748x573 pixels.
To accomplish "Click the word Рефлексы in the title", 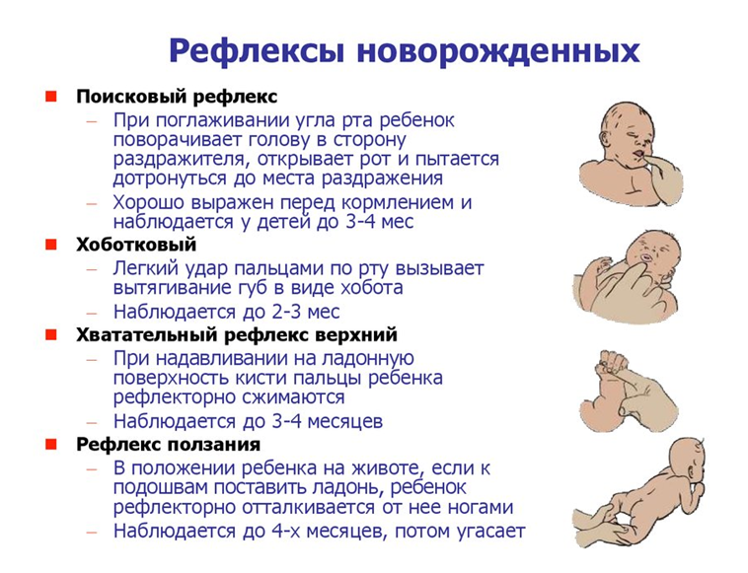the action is click(x=257, y=50).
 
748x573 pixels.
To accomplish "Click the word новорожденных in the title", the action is click(x=498, y=50).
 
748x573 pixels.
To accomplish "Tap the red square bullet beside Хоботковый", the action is click(x=51, y=245).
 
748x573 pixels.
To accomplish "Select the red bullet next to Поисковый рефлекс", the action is click(x=51, y=97).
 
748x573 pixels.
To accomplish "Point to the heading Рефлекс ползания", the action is click(x=169, y=444).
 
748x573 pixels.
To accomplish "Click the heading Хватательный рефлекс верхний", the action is click(x=237, y=334).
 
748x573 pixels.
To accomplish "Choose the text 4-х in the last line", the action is click(x=283, y=531).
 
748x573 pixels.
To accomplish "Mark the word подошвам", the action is click(x=160, y=487).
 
